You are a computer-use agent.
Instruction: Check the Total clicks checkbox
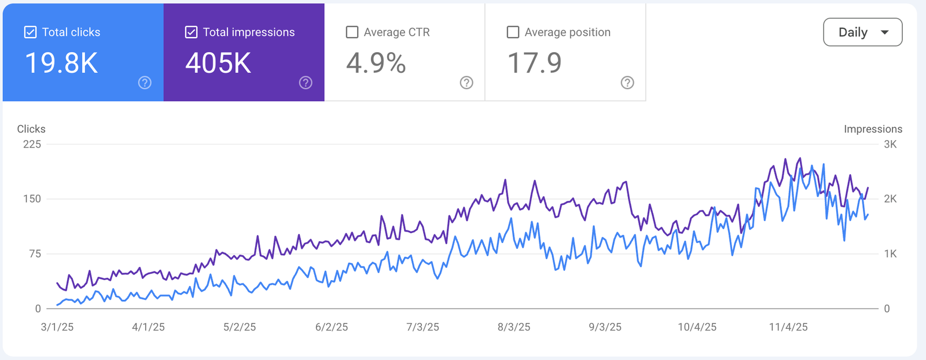point(30,32)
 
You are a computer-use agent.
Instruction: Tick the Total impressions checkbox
point(191,32)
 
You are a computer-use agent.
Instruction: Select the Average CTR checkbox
point(352,32)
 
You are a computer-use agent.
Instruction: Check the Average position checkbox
point(513,32)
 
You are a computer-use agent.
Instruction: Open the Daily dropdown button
point(863,32)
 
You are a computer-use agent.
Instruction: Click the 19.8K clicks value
point(61,63)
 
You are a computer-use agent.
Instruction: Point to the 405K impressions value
point(218,63)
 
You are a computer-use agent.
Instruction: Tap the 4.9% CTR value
point(376,63)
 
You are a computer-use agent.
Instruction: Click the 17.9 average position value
point(535,63)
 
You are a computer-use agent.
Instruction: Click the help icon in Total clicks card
point(145,83)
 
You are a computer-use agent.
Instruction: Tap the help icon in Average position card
point(627,83)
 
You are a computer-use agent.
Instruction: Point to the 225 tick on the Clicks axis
point(32,144)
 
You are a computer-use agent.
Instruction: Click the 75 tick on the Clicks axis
point(35,254)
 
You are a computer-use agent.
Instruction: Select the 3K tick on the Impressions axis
point(891,144)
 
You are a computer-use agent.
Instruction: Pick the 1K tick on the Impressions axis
point(891,254)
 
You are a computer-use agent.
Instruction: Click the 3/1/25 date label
point(57,327)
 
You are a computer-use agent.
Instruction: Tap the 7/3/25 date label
point(422,327)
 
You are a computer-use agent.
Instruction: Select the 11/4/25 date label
point(788,327)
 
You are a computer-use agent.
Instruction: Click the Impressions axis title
point(873,129)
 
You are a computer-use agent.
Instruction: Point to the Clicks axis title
point(31,129)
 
